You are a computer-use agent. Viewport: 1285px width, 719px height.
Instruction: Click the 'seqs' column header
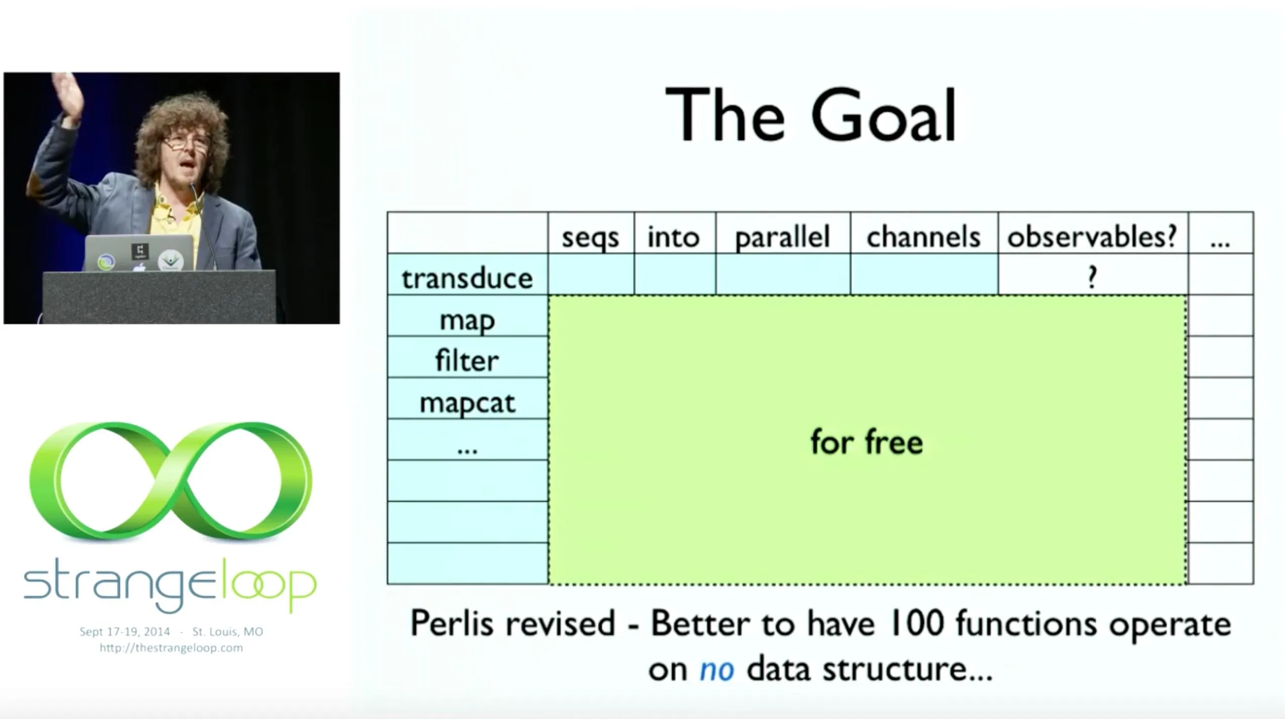[590, 238]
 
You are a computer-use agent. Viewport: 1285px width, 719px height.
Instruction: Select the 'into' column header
[674, 237]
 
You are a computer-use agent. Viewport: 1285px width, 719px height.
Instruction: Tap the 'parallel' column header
[782, 237]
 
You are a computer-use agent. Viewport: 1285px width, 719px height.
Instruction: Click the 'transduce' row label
[467, 278]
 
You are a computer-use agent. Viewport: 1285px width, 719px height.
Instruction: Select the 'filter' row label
[467, 361]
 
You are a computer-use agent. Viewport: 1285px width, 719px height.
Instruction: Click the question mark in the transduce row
[1092, 277]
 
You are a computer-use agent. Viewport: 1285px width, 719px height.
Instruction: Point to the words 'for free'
[867, 442]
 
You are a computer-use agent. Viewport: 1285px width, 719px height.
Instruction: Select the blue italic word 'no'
[717, 670]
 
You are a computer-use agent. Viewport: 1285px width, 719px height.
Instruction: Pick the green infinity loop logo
[171, 481]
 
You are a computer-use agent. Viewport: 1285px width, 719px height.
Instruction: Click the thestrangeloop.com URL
[171, 648]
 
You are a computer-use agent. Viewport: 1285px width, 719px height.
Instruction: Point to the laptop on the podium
[139, 253]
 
